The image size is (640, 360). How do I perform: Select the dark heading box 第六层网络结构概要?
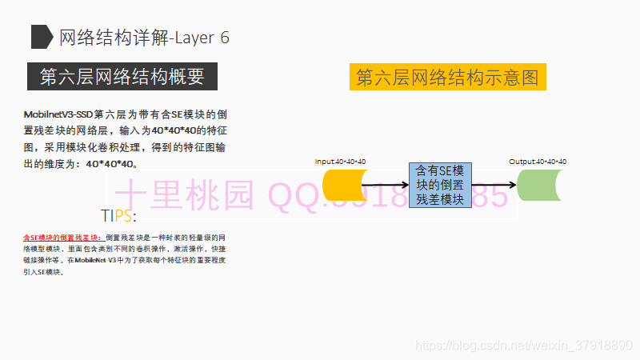[x=122, y=77]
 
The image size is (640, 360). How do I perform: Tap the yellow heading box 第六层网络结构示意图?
[x=447, y=78]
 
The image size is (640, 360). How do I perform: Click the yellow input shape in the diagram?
[x=342, y=186]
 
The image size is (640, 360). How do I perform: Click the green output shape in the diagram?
[x=542, y=186]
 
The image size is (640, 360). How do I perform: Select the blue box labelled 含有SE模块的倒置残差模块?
[x=440, y=185]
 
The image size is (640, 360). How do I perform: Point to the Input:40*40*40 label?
[x=340, y=162]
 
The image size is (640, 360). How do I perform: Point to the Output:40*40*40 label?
[x=538, y=162]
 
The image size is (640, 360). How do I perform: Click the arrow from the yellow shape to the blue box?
[x=384, y=186]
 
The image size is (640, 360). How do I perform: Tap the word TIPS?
[x=118, y=216]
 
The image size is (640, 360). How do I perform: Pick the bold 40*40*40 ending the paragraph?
[x=111, y=164]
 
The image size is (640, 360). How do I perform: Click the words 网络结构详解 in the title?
[x=114, y=38]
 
